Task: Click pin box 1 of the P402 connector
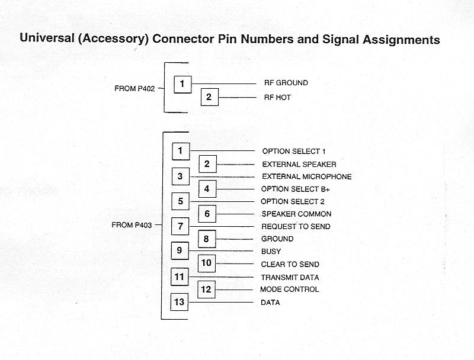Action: coord(182,84)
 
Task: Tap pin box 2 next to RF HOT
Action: coord(209,97)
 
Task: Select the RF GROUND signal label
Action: coord(286,83)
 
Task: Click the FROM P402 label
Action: coord(134,89)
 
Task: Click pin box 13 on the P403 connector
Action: coord(180,302)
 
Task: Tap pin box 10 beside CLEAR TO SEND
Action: coord(206,263)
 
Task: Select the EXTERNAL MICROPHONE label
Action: coord(306,176)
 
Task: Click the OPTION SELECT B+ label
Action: coord(295,189)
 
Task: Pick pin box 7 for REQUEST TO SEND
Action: coord(180,226)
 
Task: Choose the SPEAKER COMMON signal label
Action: coord(296,214)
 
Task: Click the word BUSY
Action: coord(271,252)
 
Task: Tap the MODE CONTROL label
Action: coord(289,289)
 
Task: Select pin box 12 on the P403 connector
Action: coord(206,290)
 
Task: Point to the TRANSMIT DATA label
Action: coord(290,277)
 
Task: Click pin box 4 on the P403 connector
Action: coord(207,189)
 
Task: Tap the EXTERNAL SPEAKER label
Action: coord(299,164)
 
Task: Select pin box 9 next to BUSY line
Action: coord(180,250)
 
